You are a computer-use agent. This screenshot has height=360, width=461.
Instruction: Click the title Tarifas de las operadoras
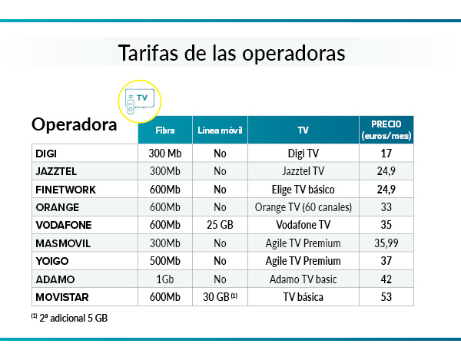click(x=230, y=54)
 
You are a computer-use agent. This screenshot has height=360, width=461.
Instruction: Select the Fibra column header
click(x=164, y=130)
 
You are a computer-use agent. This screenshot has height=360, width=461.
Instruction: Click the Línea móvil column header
click(x=220, y=130)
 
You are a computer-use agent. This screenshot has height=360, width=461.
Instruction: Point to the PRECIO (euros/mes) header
click(x=386, y=130)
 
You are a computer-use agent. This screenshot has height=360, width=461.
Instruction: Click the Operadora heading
click(x=74, y=124)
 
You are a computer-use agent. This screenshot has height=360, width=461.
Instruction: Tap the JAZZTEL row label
click(x=56, y=170)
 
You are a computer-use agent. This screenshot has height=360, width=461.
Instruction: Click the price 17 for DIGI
click(x=386, y=153)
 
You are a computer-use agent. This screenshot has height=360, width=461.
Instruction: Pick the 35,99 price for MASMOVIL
click(x=386, y=243)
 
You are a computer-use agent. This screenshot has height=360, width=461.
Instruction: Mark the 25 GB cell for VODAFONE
click(x=220, y=225)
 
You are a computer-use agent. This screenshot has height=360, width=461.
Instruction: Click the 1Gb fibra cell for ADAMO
click(x=164, y=279)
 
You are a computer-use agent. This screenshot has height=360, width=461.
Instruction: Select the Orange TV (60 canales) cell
click(x=303, y=206)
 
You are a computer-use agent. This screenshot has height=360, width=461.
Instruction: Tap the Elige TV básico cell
click(x=303, y=189)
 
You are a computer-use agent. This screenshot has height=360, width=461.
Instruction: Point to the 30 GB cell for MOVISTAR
click(x=221, y=296)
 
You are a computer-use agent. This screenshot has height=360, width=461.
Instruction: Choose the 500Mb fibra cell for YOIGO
click(x=164, y=260)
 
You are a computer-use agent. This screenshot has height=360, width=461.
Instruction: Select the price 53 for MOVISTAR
click(x=386, y=296)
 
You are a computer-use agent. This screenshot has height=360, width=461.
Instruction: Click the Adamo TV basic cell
click(x=303, y=279)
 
